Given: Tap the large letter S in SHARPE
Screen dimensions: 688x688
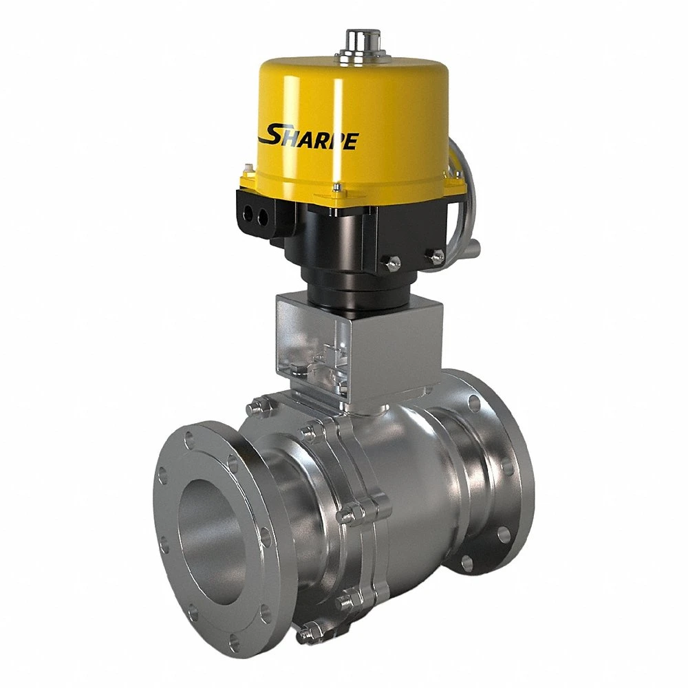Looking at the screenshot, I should pos(270,133).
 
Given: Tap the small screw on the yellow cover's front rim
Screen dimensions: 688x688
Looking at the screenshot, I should pos(335,188).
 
